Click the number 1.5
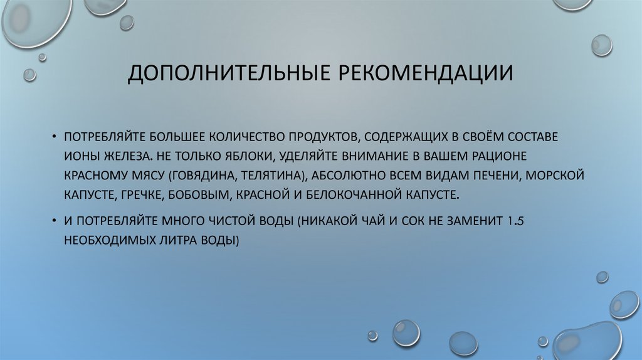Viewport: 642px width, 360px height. [515, 220]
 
